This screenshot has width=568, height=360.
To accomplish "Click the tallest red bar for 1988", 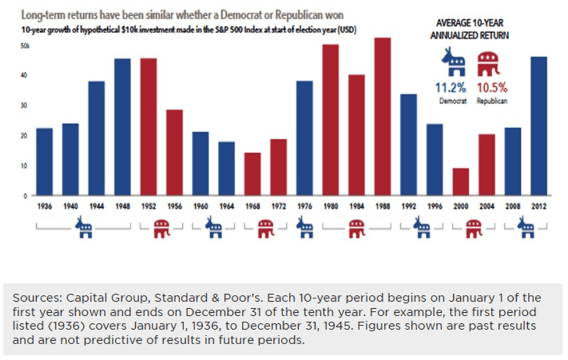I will coord(382,117).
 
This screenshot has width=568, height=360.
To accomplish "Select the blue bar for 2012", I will coord(539,126).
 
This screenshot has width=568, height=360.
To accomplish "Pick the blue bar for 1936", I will coord(44,162).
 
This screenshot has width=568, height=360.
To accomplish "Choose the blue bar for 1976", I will coord(305,138).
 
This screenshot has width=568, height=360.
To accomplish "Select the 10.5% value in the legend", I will coord(492,89).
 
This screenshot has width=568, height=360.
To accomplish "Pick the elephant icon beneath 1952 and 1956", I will coord(161,228).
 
